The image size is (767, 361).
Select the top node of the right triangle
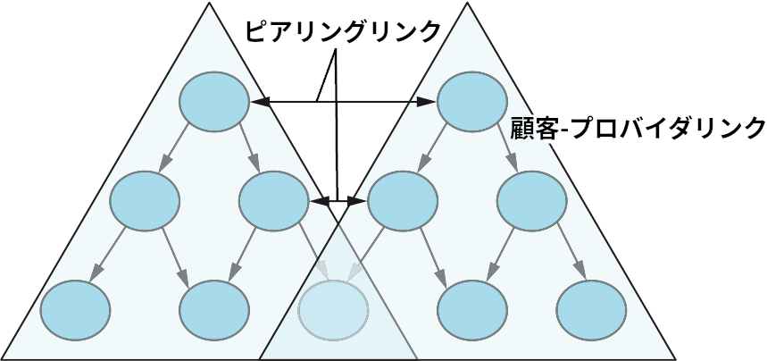(470, 101)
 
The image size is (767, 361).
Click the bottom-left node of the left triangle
(76, 308)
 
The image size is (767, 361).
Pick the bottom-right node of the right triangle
(590, 309)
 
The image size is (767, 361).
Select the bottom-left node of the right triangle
(471, 309)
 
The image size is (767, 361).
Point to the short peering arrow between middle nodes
(338, 202)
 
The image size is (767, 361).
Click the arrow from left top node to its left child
(176, 148)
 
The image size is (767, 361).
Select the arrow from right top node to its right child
(504, 147)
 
